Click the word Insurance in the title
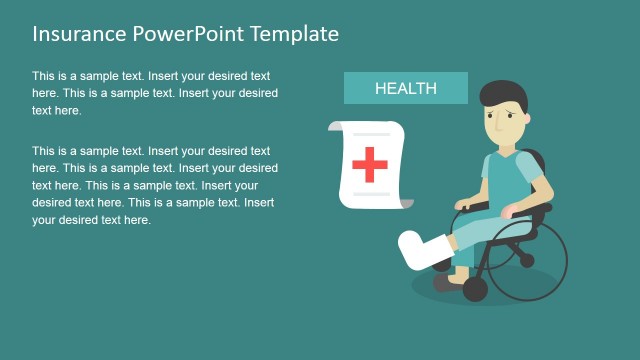[78, 34]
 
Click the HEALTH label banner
[405, 88]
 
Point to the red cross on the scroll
[370, 163]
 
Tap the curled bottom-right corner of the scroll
[405, 203]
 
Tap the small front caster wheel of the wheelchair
[475, 290]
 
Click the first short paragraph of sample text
[154, 93]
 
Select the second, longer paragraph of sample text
[154, 185]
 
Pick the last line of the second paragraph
[92, 220]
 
